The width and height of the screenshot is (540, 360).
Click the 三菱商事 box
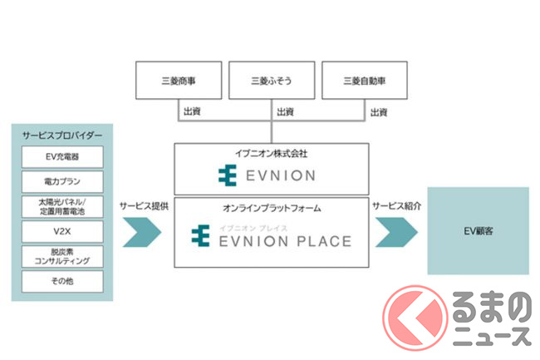click(176, 81)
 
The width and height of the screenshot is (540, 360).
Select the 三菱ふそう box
click(270, 81)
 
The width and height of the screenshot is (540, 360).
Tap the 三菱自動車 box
click(363, 81)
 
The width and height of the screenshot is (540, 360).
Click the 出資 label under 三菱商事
click(192, 111)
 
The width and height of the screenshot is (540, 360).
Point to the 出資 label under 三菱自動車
click(379, 111)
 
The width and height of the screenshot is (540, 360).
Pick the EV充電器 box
click(63, 156)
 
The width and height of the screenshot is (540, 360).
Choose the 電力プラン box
click(63, 181)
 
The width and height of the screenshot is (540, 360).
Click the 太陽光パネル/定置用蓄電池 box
click(63, 205)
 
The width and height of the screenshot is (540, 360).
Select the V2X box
click(63, 230)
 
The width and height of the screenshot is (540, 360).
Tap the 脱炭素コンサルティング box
click(63, 255)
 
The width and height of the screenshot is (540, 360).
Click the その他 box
click(63, 281)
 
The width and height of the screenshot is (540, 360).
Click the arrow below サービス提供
click(143, 232)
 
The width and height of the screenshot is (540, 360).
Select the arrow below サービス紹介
click(396, 232)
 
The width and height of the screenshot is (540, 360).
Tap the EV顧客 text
click(478, 231)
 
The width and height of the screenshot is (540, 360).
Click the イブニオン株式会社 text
click(271, 155)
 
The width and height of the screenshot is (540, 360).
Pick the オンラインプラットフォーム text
click(271, 209)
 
